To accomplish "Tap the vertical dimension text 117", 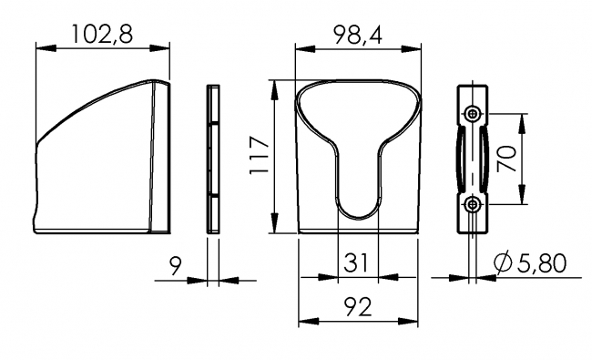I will point(258,157).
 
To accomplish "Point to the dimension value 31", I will point(357,263).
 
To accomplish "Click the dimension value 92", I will point(358,308).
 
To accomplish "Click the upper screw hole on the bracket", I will point(472,113).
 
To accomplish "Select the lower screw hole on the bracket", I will point(472,205).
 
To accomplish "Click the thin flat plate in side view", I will point(213,159).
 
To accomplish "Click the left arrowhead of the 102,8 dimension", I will point(41,48).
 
